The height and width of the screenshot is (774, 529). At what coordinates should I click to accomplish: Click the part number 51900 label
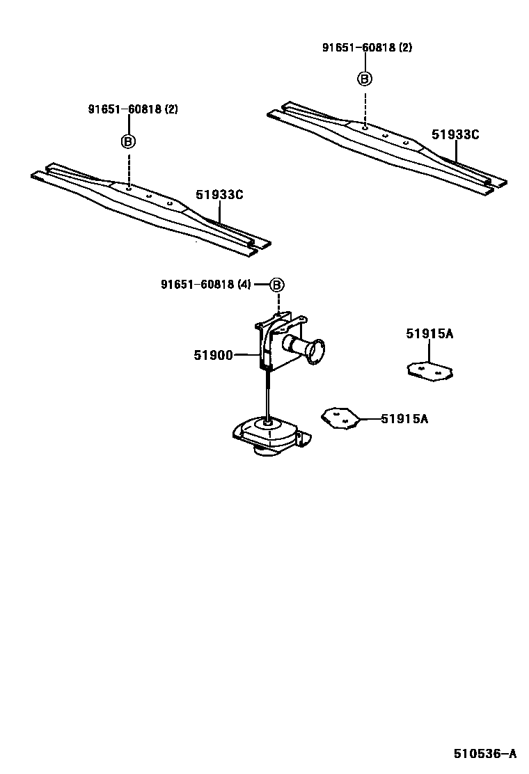click(212, 355)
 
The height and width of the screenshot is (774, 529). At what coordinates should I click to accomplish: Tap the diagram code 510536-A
click(484, 754)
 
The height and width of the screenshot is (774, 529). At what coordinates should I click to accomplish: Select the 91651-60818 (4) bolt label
click(206, 284)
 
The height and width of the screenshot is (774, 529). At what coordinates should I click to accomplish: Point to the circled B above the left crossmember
click(129, 141)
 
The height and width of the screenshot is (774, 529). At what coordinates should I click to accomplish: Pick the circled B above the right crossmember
click(365, 79)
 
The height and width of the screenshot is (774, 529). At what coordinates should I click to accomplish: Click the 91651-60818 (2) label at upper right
click(367, 47)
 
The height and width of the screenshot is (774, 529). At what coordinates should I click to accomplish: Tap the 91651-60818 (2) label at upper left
click(133, 109)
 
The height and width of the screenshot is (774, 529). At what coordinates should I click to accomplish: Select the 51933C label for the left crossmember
click(219, 195)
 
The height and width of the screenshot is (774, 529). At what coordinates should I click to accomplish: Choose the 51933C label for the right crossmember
click(455, 134)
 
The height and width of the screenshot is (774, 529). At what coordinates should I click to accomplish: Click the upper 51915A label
click(429, 334)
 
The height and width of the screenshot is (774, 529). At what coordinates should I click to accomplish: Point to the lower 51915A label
click(404, 418)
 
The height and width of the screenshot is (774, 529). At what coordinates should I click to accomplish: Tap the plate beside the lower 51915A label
click(340, 418)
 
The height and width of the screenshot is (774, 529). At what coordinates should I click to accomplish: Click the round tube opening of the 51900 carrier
click(316, 350)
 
